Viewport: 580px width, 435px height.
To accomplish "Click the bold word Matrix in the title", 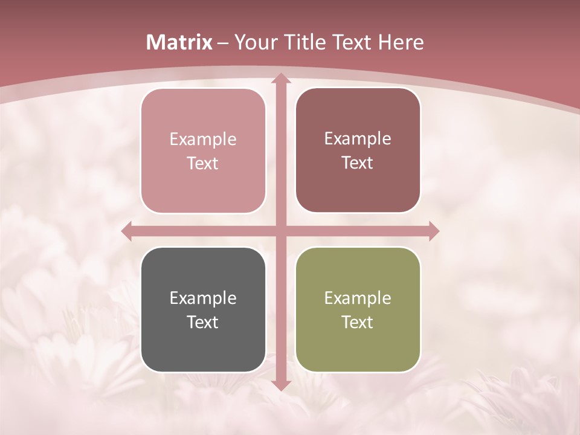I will (x=179, y=42).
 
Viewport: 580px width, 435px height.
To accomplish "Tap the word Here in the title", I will (x=401, y=42).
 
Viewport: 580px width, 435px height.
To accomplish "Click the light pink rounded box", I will (x=203, y=151).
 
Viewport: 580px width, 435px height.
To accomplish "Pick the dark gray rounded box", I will (x=203, y=309).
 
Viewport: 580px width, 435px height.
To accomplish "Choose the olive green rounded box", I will (x=358, y=309).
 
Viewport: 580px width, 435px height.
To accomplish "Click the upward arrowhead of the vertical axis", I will (x=280, y=79).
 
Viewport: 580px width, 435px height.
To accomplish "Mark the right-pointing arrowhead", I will (x=433, y=231).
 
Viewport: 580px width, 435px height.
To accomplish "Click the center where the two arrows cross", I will (x=280, y=231).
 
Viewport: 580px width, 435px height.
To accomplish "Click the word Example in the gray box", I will (x=203, y=298).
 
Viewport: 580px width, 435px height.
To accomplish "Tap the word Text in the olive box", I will (x=358, y=322).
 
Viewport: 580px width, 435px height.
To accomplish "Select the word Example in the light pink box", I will (x=203, y=139).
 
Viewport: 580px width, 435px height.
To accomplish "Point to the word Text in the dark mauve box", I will (x=358, y=163).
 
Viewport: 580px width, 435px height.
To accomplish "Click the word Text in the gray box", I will (x=203, y=322).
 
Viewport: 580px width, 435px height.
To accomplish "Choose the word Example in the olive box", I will (x=358, y=298).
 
